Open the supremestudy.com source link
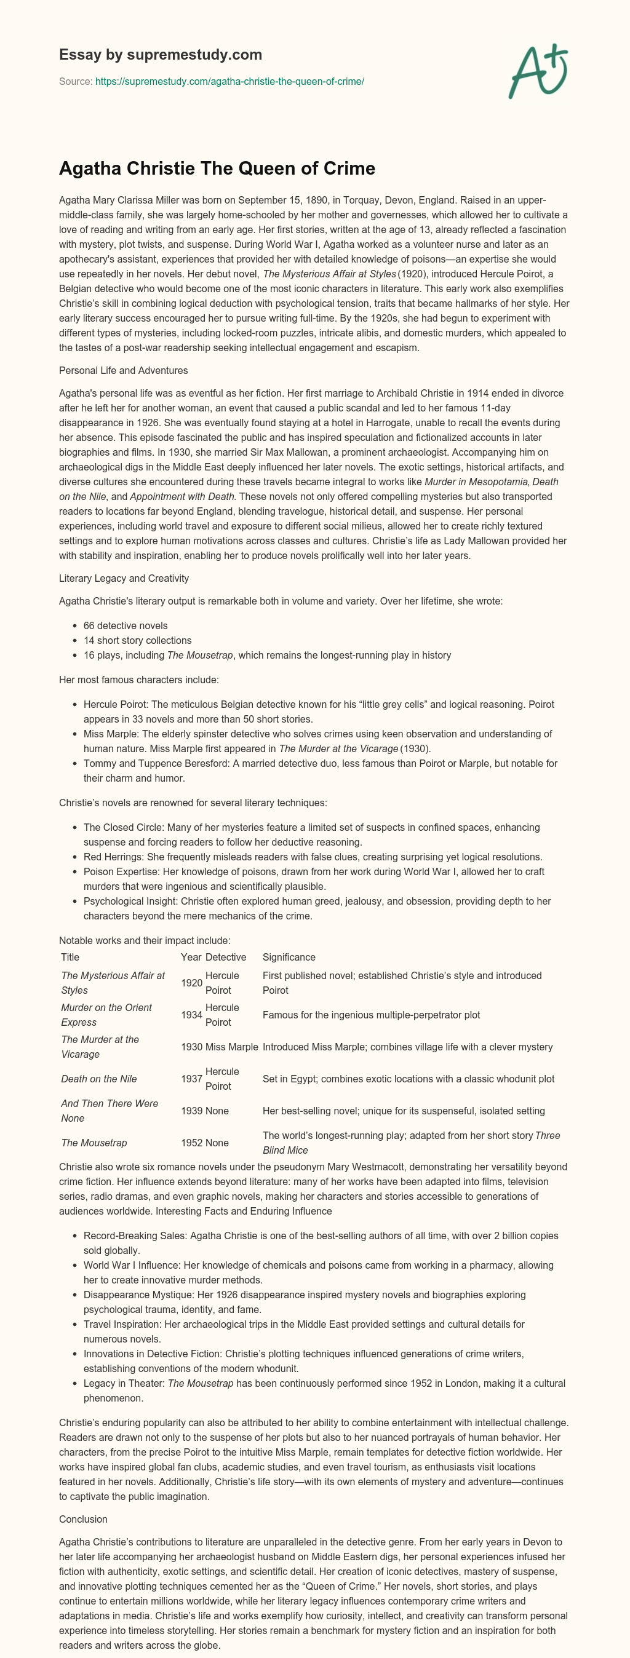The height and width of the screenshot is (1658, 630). [229, 82]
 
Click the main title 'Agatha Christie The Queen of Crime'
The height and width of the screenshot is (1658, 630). [217, 169]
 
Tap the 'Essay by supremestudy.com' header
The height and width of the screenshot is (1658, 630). [161, 55]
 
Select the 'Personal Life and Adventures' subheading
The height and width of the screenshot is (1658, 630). [124, 371]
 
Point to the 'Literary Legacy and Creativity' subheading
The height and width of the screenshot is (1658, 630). [124, 579]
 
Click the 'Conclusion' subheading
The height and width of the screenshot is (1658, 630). [83, 1519]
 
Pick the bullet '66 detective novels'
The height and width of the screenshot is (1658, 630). [126, 625]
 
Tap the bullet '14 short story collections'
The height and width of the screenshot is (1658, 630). [137, 640]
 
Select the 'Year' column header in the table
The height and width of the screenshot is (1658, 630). [191, 957]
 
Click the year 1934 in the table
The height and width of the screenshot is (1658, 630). [191, 1015]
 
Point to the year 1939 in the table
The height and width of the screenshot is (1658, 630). [191, 1111]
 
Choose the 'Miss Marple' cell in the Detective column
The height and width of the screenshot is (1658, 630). [232, 1047]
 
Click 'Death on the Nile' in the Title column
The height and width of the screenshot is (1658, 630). [99, 1079]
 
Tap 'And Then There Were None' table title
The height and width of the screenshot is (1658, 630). [110, 1111]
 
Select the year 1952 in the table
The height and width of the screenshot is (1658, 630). [191, 1143]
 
